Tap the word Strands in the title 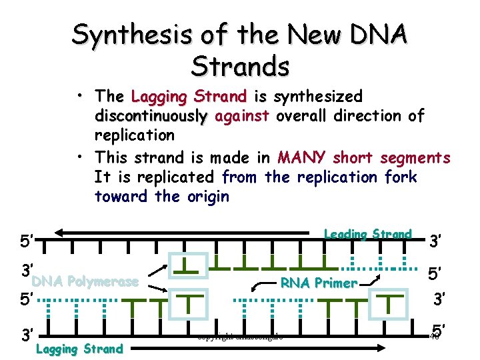[x=240, y=66]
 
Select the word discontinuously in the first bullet [x=151, y=116]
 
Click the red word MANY [x=302, y=157]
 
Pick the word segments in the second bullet [x=415, y=157]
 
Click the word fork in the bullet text [x=401, y=177]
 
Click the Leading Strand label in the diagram [x=367, y=234]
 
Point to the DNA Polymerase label [x=85, y=281]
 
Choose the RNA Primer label [x=318, y=283]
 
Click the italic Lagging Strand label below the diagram [x=79, y=348]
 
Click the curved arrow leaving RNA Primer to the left [x=263, y=287]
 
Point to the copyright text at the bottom [x=240, y=337]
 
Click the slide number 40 [x=433, y=337]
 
